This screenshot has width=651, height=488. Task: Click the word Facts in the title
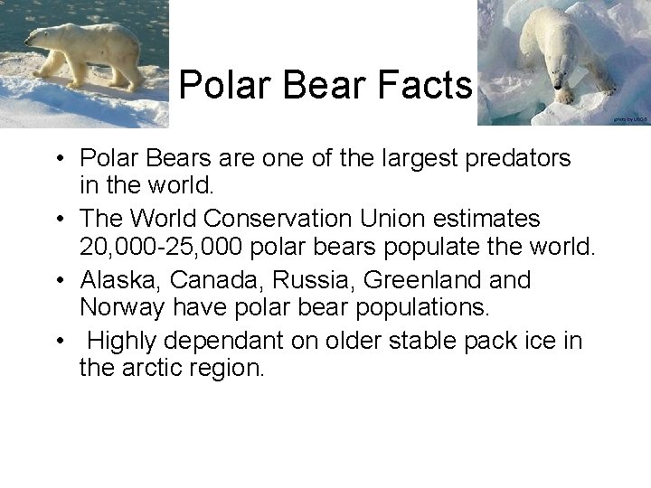tap(427, 86)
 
